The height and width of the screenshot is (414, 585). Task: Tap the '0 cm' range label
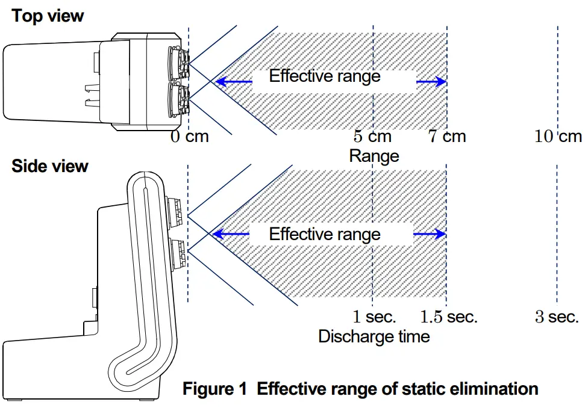point(189,136)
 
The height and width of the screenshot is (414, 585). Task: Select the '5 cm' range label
point(372,136)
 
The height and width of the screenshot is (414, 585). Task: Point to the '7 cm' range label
point(447,136)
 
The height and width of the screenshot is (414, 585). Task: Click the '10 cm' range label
point(558,136)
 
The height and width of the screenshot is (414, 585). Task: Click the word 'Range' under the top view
point(374,156)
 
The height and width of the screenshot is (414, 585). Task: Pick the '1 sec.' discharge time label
point(374,316)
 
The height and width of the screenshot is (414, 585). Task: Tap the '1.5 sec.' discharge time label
point(448,316)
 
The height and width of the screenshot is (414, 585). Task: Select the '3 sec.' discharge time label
point(557,316)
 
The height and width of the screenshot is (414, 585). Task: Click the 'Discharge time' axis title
point(374,336)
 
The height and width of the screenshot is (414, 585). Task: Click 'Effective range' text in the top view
point(325,76)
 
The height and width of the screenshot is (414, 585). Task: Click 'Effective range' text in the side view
point(325,233)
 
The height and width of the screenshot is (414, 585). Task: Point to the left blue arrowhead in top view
point(221,82)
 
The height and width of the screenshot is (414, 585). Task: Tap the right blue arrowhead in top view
point(441,82)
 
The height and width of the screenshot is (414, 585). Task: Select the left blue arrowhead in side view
point(221,234)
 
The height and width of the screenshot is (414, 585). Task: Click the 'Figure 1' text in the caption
point(214,388)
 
